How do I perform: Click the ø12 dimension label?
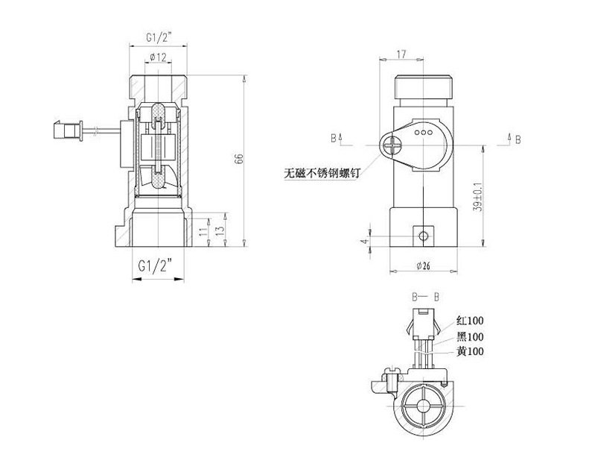158,57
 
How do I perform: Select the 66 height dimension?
239,159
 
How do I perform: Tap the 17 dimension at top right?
401,54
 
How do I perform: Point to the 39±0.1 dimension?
478,197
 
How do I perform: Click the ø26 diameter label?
424,266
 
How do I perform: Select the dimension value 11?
203,231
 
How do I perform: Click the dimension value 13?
220,230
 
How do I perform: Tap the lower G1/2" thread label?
155,266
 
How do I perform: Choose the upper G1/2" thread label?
159,37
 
